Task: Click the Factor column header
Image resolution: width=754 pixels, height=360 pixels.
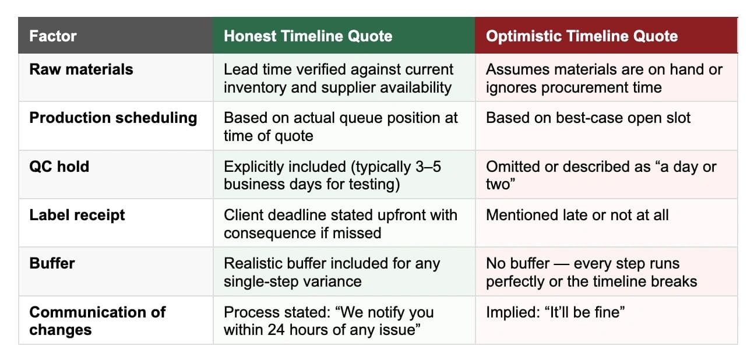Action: pos(53,36)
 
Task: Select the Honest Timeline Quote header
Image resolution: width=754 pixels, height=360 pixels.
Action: pos(308,36)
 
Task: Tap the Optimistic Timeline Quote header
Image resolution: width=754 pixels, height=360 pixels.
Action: pos(582,36)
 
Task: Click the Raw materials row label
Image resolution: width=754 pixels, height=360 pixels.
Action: pos(81,69)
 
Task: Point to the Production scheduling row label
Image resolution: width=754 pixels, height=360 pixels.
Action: pos(113,118)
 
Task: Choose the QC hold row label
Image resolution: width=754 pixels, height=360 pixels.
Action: pos(59,167)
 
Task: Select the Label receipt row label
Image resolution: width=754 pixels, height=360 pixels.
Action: pos(77,216)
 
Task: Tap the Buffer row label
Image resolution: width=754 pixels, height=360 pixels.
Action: pos(52,263)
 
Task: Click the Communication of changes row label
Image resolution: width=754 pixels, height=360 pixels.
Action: pos(97,321)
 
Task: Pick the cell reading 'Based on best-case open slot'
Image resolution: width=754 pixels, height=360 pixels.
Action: pos(588,118)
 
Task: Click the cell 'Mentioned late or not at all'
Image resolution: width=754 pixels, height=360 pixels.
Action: pos(577,215)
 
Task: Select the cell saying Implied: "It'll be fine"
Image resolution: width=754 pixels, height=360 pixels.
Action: pos(555,312)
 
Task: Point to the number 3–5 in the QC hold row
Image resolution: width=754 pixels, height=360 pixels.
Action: pos(428,167)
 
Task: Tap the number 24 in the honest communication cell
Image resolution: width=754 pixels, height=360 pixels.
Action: pos(276,330)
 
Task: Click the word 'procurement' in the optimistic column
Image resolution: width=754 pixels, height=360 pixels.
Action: pos(584,88)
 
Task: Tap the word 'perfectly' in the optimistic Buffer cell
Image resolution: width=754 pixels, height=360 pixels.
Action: pos(515,282)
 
